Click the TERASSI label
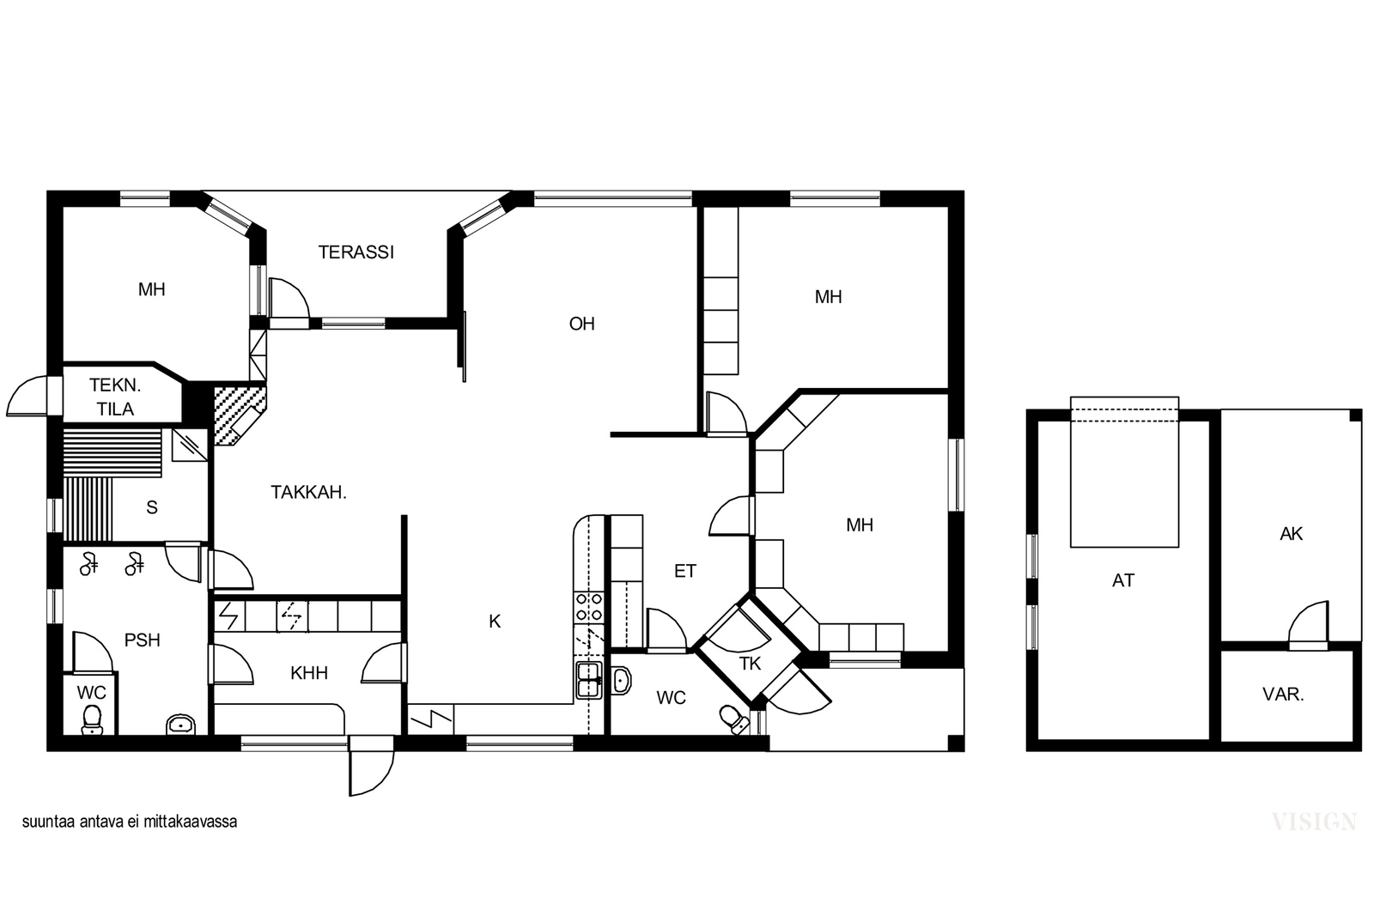coord(356,252)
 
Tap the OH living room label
coord(581,324)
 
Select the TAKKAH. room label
coord(308,492)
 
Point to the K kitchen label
coord(495,622)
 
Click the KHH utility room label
coord(309,673)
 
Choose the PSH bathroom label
coord(143,640)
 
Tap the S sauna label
coord(151,507)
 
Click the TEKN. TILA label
coord(115,397)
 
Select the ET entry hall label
coord(685,572)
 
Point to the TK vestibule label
coord(750,664)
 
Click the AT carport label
coord(1123,580)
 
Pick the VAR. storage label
coord(1283,695)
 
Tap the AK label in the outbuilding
coord(1291,534)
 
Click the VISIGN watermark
coord(1314,822)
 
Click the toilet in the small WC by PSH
coord(92,719)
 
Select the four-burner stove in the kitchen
coord(588,607)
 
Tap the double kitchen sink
coord(589,680)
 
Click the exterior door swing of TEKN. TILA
coord(27,397)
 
